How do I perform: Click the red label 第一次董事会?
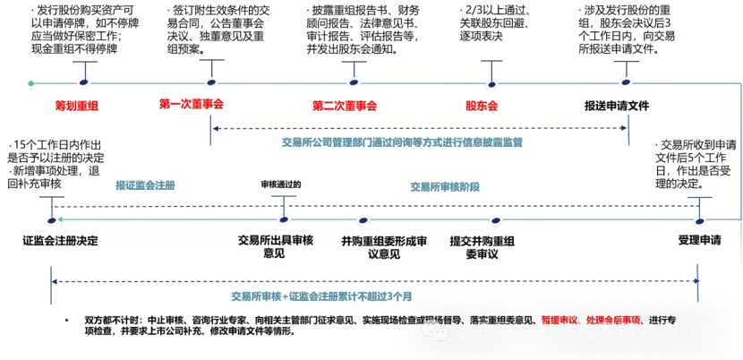click(191, 104)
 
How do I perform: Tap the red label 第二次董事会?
click(345, 106)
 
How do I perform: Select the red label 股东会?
click(481, 106)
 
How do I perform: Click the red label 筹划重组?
click(77, 106)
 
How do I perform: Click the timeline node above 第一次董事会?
click(211, 82)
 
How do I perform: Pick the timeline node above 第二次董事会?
click(354, 82)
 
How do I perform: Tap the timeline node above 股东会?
click(491, 84)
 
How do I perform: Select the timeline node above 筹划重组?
click(84, 82)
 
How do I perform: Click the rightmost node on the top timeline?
click(626, 82)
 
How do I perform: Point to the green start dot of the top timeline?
click(30, 83)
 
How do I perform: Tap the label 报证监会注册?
click(145, 185)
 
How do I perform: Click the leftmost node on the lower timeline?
click(52, 220)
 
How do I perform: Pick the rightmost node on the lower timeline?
click(699, 220)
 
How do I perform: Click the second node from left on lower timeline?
click(284, 219)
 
